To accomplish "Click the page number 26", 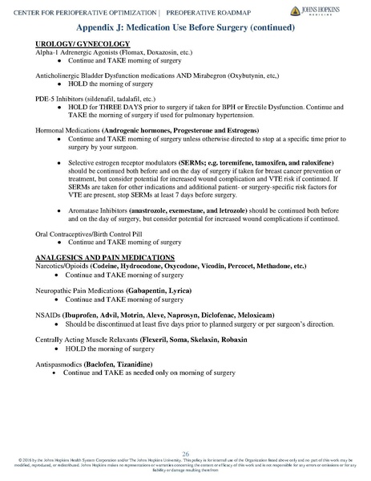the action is tap(186, 453).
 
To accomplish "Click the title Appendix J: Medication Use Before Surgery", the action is tap(184, 26).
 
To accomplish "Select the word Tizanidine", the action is tap(156, 365).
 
